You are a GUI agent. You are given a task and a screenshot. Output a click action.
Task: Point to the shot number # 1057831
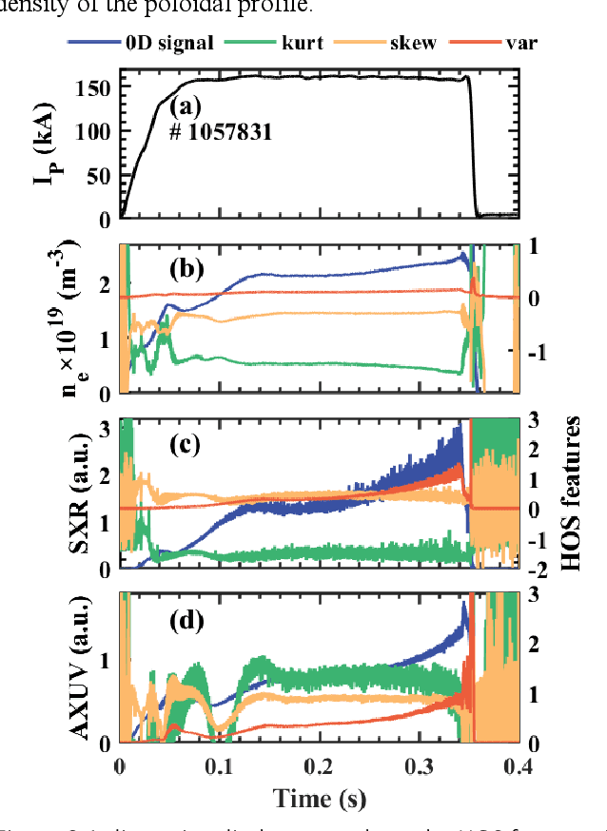[221, 132]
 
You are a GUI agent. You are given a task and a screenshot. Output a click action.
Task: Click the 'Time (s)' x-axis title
[319, 798]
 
